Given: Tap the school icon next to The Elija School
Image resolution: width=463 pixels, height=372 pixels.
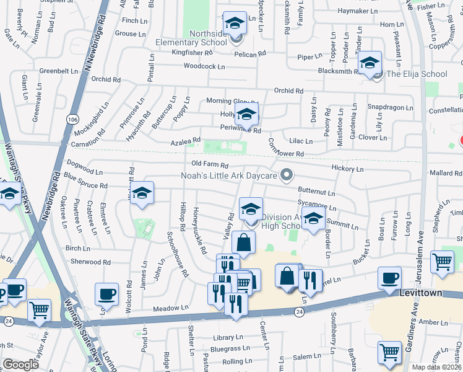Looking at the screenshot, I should pos(370,64).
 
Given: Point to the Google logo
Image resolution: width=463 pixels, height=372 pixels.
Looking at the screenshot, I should pos(20,365).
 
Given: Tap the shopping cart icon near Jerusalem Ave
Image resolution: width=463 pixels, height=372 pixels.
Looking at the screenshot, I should pos(442,262).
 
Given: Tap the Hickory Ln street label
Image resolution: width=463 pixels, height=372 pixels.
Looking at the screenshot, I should pos(347,168).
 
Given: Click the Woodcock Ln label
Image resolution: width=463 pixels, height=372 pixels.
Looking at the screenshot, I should pos(204,66).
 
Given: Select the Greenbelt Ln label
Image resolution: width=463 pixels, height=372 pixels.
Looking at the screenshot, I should pos(59,71).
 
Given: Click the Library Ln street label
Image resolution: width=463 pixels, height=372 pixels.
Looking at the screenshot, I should pos(227,338).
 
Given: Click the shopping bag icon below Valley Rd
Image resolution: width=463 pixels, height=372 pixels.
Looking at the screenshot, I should pos(244,243).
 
